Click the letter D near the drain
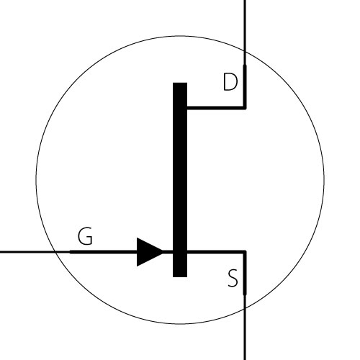point(230,82)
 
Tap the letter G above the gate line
point(85,236)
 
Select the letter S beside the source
point(233,278)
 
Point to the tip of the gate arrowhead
point(163,252)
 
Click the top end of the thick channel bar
point(180,83)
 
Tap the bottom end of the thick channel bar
point(180,276)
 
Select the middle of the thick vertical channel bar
point(180,180)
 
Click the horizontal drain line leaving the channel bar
point(216,108)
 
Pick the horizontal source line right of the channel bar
point(216,252)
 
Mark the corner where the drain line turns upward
point(245,108)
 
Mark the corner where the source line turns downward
point(245,252)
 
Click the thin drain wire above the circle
point(245,25)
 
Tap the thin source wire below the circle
point(245,335)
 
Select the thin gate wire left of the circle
point(27,252)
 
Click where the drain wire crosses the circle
point(245,51)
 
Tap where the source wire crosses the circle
point(245,309)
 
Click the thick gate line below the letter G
point(103,252)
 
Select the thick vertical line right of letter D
point(245,86)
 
